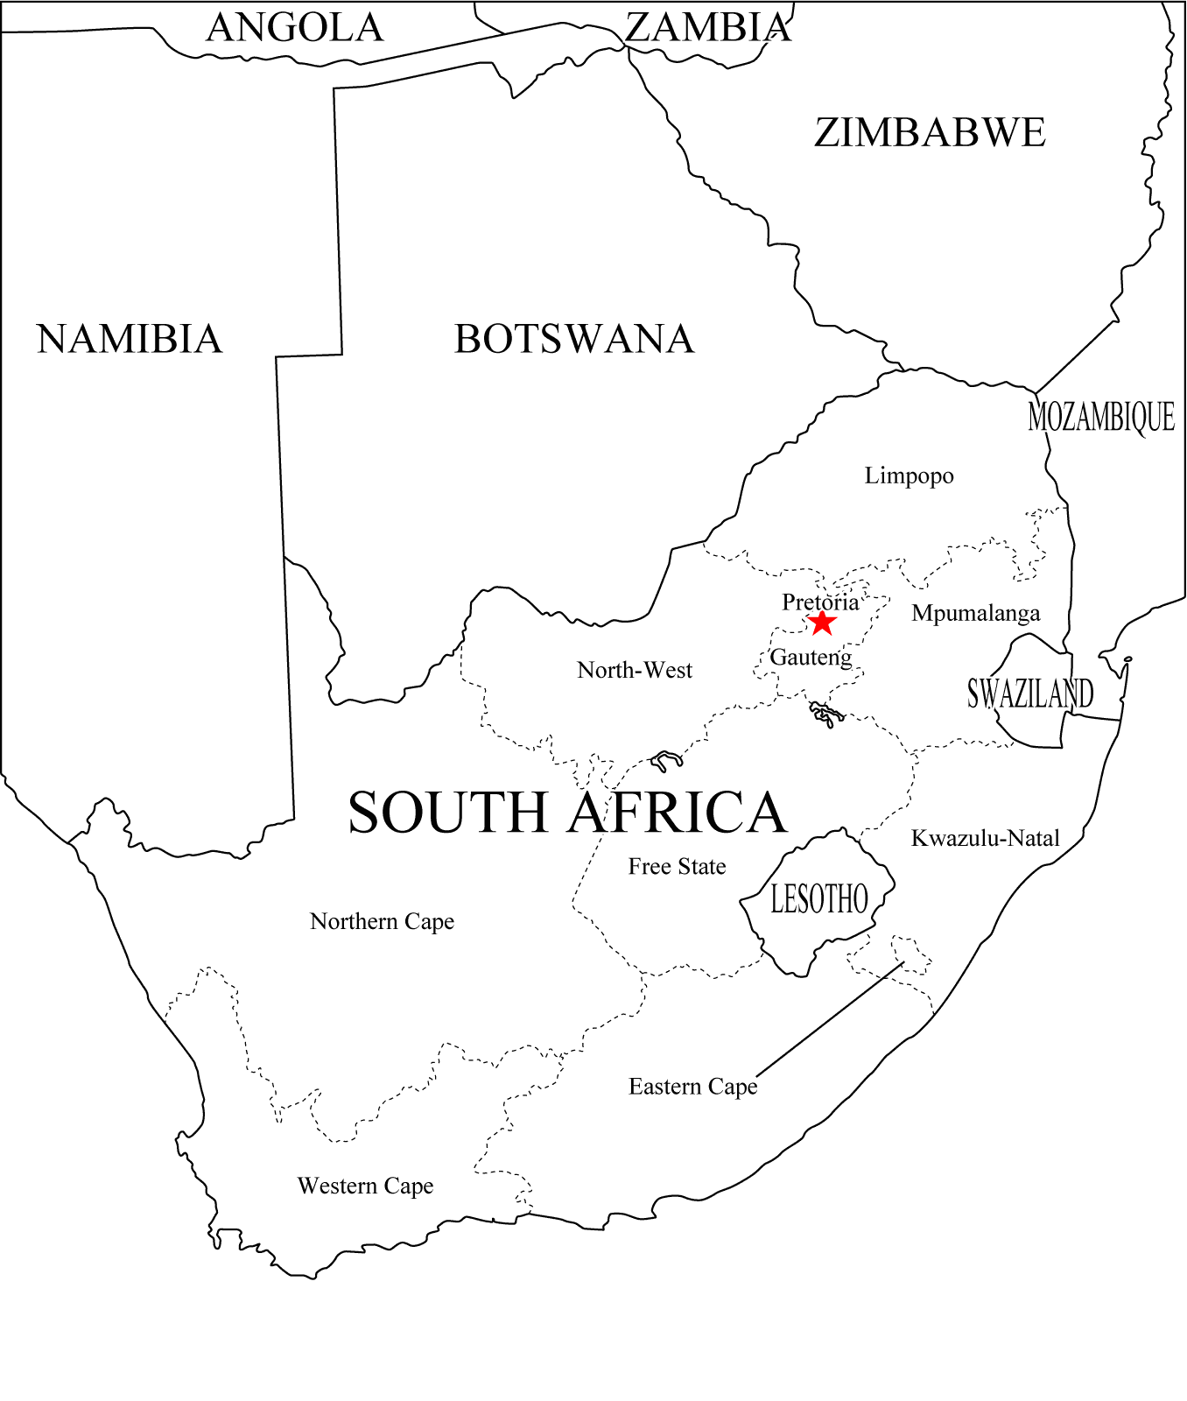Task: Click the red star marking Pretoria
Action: pyautogui.click(x=821, y=623)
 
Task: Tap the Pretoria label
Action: pyautogui.click(x=820, y=602)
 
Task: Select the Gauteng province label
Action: pyautogui.click(x=811, y=658)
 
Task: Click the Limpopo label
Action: pyautogui.click(x=909, y=476)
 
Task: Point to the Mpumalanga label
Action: pyautogui.click(x=975, y=614)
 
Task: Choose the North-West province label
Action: pyautogui.click(x=635, y=671)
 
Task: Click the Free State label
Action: pyautogui.click(x=677, y=867)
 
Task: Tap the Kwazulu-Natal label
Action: pyautogui.click(x=985, y=839)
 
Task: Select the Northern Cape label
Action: pyautogui.click(x=382, y=922)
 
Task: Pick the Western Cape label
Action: pyautogui.click(x=365, y=1186)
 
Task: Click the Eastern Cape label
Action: pyautogui.click(x=692, y=1088)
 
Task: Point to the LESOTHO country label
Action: pyautogui.click(x=818, y=899)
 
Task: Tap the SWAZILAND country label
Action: pyautogui.click(x=1030, y=693)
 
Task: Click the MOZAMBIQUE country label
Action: pyautogui.click(x=1101, y=417)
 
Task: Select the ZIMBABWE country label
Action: pyautogui.click(x=930, y=133)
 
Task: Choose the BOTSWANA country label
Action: pyautogui.click(x=574, y=340)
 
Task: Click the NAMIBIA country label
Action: pyautogui.click(x=130, y=340)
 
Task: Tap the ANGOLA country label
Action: pyautogui.click(x=295, y=28)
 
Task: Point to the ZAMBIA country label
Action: pyautogui.click(x=708, y=28)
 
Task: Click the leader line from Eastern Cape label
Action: pyautogui.click(x=830, y=1019)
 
